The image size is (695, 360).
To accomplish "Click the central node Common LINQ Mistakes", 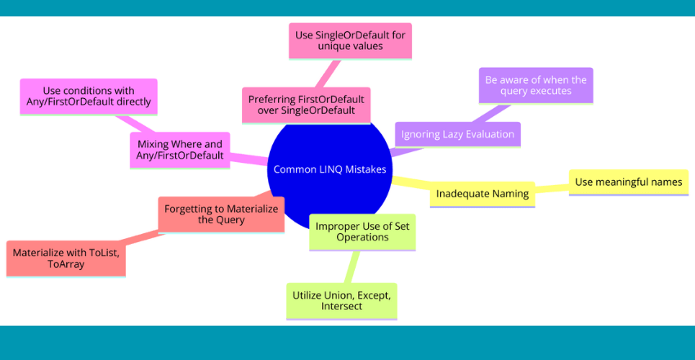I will (330, 170).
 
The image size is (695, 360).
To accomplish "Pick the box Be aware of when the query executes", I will (536, 85).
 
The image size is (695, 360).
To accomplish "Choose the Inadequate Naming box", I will (482, 194).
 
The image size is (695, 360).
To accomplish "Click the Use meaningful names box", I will (627, 182).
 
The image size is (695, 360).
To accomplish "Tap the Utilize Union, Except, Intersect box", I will (342, 299).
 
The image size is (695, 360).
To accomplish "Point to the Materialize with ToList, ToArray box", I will (66, 258).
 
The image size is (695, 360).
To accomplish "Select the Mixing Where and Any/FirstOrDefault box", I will (179, 151).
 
